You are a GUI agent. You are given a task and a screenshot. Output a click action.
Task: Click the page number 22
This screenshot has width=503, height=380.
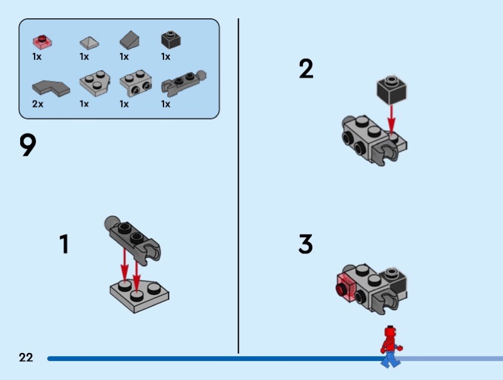pos(26,357)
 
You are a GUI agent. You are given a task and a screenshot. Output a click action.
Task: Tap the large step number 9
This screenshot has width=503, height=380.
pos(28,146)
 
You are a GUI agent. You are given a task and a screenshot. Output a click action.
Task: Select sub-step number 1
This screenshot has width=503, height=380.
pos(64,244)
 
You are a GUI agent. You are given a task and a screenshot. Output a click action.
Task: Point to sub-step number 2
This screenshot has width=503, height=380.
pos(306,69)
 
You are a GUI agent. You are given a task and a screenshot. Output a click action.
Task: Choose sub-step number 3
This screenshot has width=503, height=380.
pos(306,244)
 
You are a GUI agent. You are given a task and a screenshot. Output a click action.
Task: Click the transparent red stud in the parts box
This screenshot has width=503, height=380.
pos(42,42)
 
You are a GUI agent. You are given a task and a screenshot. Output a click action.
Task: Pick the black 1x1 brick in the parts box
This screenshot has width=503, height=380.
pos(170,40)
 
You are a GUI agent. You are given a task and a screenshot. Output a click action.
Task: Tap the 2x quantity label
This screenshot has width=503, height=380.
pos(38,104)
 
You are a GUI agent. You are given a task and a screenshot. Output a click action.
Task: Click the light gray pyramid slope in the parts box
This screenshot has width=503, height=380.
pos(89,42)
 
